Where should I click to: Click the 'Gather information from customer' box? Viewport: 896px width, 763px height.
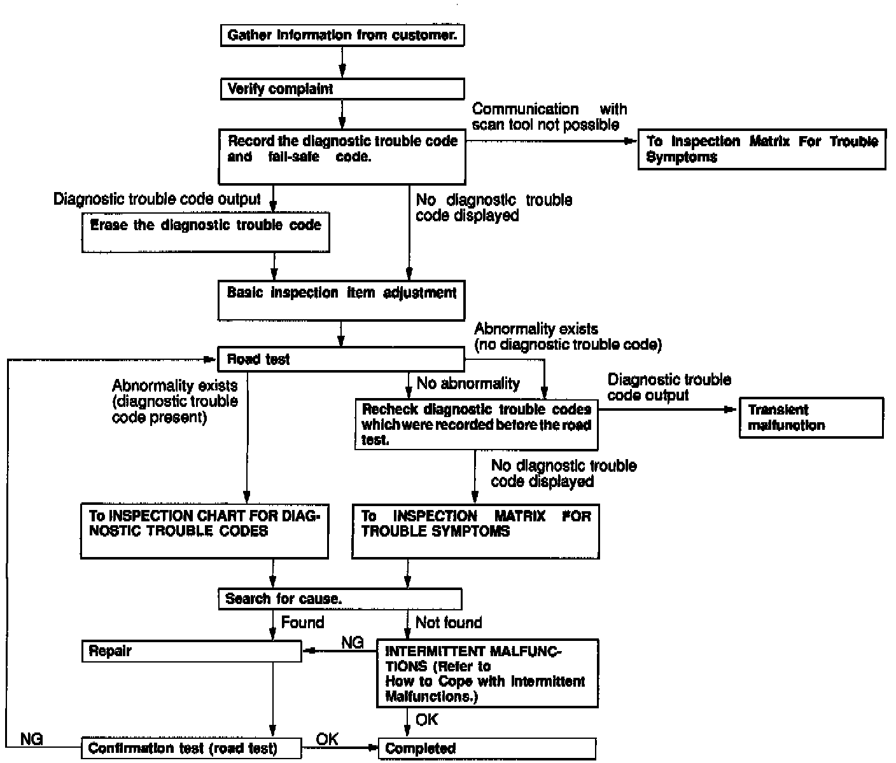(342, 36)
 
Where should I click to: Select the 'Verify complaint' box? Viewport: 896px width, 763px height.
(342, 89)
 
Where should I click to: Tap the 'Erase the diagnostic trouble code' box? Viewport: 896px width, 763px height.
(205, 233)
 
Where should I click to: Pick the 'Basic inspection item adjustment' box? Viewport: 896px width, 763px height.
(342, 300)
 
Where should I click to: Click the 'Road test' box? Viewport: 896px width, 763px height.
(342, 359)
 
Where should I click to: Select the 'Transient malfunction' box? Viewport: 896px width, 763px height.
(811, 418)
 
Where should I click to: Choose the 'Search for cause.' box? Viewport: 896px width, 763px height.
(340, 599)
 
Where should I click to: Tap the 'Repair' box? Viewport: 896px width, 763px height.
(192, 651)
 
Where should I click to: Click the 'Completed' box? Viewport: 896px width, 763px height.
(487, 748)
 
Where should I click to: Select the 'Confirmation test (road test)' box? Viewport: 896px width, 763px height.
(192, 748)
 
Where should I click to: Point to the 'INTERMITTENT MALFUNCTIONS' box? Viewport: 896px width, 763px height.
(487, 673)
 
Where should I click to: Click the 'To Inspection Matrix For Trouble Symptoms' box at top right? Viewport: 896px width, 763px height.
(762, 150)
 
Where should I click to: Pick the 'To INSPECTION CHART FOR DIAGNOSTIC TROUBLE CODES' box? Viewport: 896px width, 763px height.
(205, 531)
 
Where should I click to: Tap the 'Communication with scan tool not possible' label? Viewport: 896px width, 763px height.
(549, 117)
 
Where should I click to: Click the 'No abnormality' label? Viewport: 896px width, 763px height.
(468, 383)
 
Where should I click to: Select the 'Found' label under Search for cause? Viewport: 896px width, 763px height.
(302, 622)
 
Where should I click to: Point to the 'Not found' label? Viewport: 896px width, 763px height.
(449, 622)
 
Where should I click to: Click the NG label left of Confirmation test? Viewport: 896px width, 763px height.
(32, 739)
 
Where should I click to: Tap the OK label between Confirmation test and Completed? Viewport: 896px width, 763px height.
(327, 739)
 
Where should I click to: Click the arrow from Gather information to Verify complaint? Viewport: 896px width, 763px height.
(342, 62)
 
